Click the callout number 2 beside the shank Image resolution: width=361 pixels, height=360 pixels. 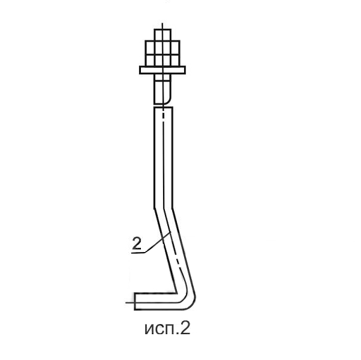[137, 244]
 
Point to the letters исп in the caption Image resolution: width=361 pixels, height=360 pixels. [159, 330]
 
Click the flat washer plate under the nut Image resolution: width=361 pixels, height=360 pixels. [163, 70]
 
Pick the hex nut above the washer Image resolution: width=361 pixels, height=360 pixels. [163, 53]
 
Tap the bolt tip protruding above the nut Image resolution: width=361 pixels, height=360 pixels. [163, 35]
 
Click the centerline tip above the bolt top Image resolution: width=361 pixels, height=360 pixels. [163, 23]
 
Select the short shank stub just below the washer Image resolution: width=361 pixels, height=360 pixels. [163, 89]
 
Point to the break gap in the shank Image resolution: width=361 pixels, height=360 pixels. [163, 106]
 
